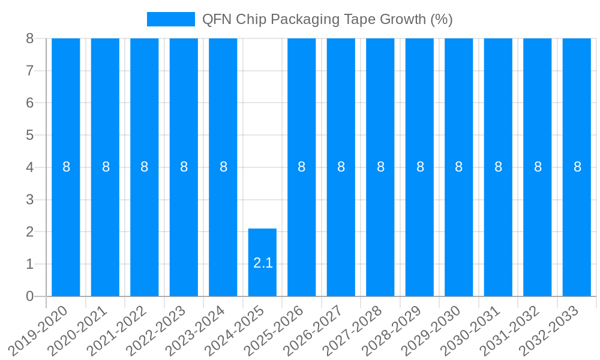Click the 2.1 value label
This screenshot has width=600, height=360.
(263, 263)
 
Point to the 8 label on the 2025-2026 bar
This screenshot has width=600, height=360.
(302, 167)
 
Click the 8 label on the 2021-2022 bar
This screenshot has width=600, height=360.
(145, 167)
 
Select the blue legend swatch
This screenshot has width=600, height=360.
(171, 19)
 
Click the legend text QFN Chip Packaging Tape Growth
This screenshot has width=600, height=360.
(327, 19)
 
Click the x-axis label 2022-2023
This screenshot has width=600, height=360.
(160, 330)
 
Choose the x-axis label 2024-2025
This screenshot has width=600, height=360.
(238, 330)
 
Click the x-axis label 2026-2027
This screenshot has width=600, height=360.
(317, 330)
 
